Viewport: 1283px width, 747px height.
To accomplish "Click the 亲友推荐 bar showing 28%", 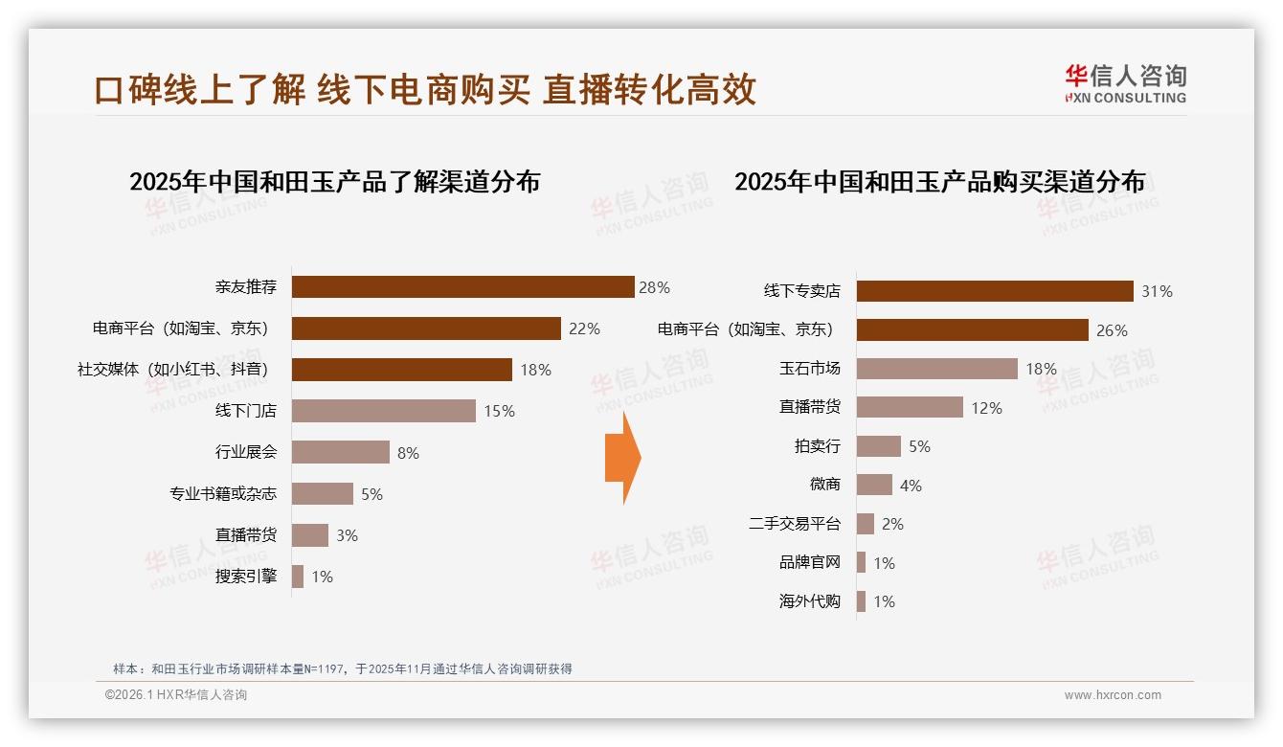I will click(x=462, y=287).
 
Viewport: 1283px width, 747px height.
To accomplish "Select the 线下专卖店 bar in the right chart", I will click(x=995, y=291).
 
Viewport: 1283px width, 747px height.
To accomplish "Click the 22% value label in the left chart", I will click(x=584, y=328).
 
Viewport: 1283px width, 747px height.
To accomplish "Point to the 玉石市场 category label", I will click(x=810, y=369).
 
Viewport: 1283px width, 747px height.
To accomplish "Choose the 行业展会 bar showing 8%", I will click(x=341, y=452).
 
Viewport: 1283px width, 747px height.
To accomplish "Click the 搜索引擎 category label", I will click(x=246, y=577).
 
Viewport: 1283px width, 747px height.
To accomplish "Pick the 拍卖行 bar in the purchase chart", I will click(x=878, y=446).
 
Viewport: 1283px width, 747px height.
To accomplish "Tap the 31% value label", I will click(x=1157, y=291).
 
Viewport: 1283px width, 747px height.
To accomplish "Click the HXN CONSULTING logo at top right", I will click(x=1126, y=84).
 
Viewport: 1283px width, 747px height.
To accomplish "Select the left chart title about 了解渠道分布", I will click(x=334, y=182).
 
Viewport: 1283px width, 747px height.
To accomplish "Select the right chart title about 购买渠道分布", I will click(x=939, y=182).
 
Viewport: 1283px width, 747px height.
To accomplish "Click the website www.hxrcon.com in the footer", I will click(x=1113, y=695).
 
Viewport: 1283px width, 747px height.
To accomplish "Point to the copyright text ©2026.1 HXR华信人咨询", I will click(x=176, y=695).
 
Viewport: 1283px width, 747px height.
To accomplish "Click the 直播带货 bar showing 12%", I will click(x=910, y=407).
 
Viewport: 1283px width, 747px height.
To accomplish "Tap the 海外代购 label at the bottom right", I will click(x=810, y=601).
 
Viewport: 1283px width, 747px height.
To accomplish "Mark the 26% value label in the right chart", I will click(x=1112, y=330).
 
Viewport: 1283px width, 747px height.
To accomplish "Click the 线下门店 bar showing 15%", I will click(x=383, y=411).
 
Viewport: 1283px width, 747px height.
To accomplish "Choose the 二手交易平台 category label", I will click(x=795, y=524).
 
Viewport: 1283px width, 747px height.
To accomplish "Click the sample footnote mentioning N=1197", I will click(x=343, y=668).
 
